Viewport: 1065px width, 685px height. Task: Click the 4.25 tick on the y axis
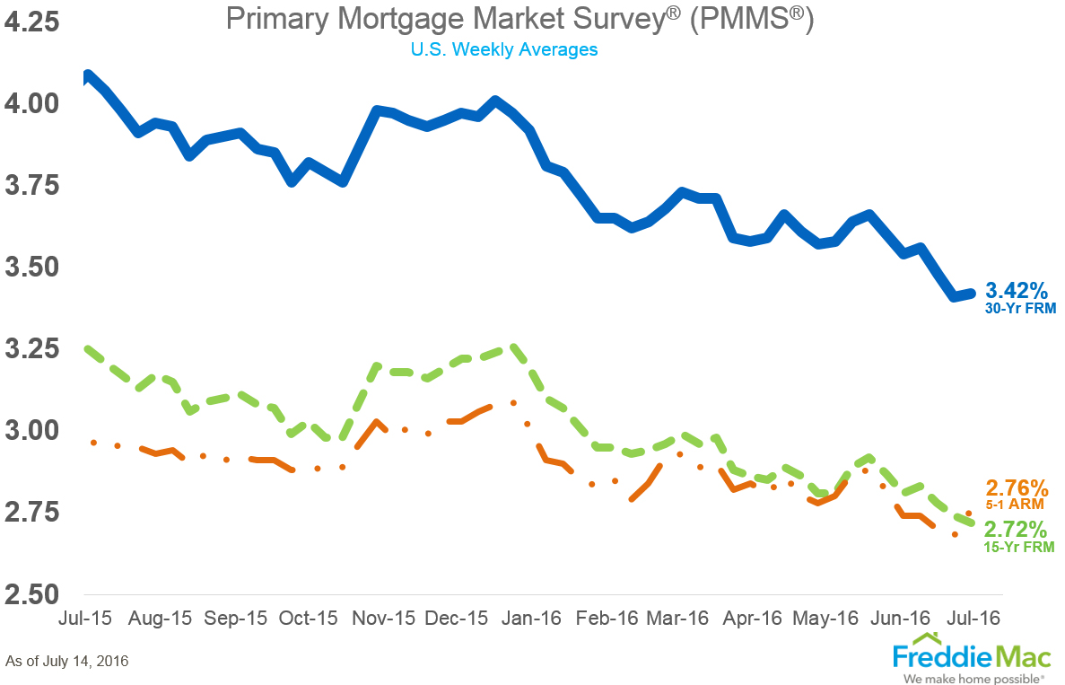click(32, 21)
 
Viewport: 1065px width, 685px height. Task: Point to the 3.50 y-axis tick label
click(32, 268)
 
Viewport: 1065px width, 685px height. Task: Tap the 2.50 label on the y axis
click(32, 594)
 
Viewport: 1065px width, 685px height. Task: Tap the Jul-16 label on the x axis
click(975, 619)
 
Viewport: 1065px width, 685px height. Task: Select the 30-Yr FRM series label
click(1021, 309)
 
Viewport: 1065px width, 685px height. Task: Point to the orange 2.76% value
click(1017, 489)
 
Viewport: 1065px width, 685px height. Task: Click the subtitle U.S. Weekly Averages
click(504, 49)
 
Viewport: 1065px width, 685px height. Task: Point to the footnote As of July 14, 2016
click(66, 662)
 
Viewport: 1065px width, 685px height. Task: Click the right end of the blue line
click(971, 293)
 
